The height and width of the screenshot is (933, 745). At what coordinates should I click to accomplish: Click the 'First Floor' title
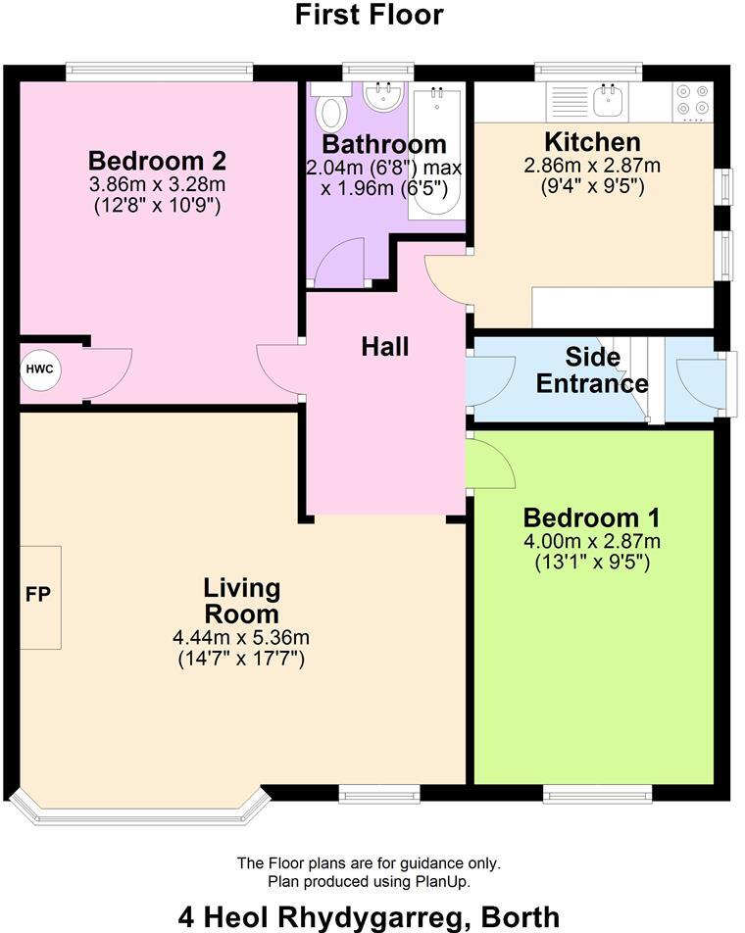[370, 15]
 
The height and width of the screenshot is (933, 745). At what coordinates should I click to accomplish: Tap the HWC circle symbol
[40, 370]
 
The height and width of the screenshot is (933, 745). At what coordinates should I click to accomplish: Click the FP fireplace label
[38, 595]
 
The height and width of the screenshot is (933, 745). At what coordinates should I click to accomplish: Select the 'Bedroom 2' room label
[157, 161]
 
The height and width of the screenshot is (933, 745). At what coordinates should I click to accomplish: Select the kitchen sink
[613, 99]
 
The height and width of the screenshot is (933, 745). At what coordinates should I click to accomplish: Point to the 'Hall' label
[384, 346]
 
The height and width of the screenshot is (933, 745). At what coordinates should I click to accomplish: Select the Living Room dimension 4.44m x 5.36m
[241, 638]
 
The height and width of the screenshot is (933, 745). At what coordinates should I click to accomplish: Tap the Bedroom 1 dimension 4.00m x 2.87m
[592, 541]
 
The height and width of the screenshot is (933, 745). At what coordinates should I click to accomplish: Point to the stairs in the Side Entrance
[642, 377]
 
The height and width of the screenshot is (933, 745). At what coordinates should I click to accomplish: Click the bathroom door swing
[339, 263]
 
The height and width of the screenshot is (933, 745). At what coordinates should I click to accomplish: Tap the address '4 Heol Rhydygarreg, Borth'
[370, 916]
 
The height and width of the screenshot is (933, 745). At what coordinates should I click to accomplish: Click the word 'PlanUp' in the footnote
[446, 881]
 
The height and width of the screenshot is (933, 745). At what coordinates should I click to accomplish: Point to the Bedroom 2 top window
[160, 73]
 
